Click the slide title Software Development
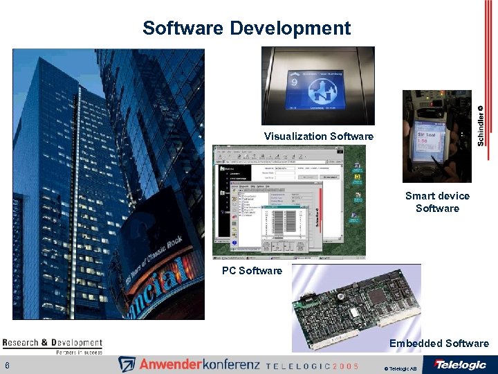tap(246, 28)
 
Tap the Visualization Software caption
tap(318, 136)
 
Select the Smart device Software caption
tap(437, 202)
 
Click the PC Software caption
tap(252, 271)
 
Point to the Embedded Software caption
tap(439, 344)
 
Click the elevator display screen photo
tap(317, 86)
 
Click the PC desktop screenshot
tap(288, 201)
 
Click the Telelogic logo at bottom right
tap(460, 364)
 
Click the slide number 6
tap(7, 366)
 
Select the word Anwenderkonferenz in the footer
tap(197, 364)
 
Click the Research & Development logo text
tap(52, 342)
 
